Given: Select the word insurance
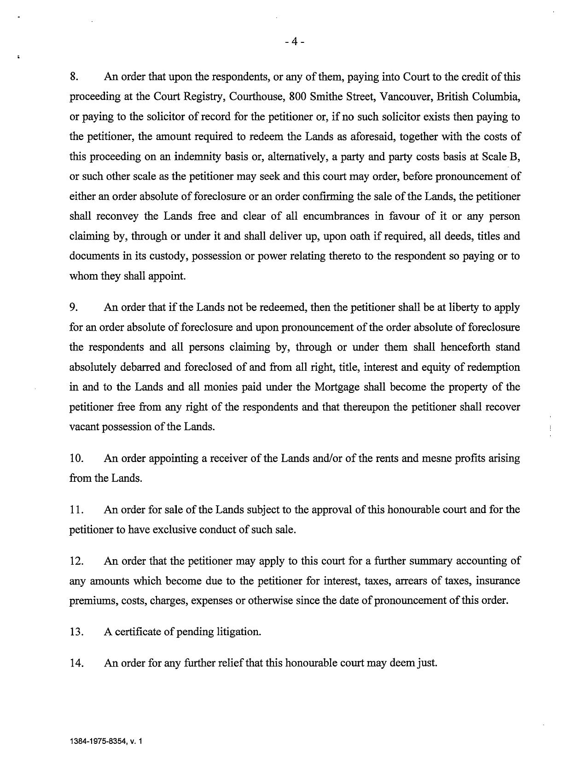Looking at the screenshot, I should (498, 581).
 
